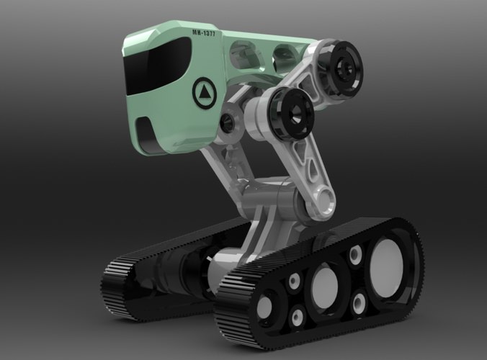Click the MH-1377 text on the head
(x=203, y=33)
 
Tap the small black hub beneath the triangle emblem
(x=227, y=123)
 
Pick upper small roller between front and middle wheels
(x=293, y=282)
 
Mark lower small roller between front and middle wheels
(x=295, y=316)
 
